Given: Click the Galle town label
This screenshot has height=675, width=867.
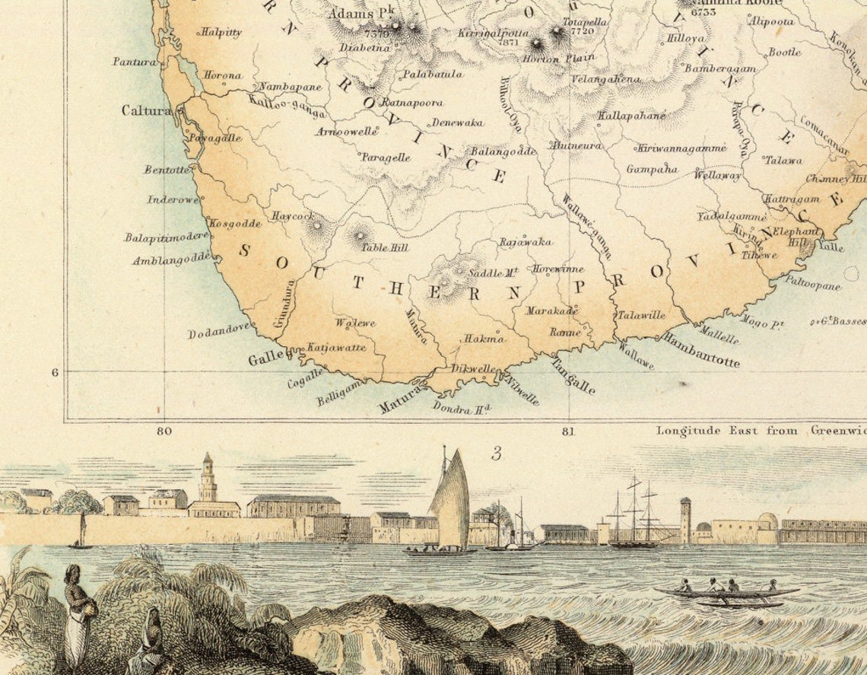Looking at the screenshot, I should [265, 356].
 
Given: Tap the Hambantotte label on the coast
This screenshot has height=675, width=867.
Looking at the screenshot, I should [700, 349].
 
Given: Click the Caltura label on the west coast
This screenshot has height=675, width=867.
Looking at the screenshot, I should [147, 110].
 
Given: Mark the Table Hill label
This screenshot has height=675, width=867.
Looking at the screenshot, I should [385, 248].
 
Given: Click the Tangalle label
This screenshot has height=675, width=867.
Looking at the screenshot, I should [572, 376].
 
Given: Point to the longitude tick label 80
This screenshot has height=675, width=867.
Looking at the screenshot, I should [164, 431].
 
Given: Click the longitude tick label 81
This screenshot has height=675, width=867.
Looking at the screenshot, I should [568, 431].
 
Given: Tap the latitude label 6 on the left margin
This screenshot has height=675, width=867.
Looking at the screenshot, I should [55, 372].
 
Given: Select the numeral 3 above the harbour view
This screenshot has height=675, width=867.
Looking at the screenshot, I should [496, 454].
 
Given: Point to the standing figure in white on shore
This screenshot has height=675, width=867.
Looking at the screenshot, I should [78, 615].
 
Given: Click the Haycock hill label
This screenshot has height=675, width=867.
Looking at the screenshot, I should [292, 216].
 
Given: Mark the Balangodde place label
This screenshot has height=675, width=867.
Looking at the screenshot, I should [503, 151].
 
